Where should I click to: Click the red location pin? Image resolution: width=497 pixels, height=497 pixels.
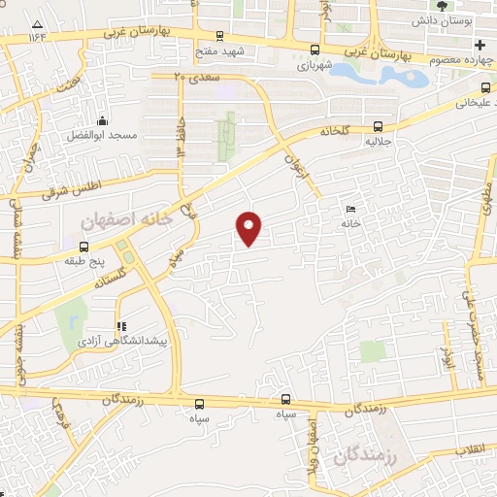click(249, 227)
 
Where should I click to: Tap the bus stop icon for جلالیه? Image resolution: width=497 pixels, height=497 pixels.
click(378, 126)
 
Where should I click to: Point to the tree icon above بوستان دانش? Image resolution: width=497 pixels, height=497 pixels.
click(443, 6)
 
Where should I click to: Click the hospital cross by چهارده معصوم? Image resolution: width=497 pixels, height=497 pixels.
click(480, 46)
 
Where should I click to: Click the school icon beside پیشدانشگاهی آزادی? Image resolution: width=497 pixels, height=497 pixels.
click(122, 327)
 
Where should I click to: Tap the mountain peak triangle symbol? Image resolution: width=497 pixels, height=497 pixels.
click(37, 23)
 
